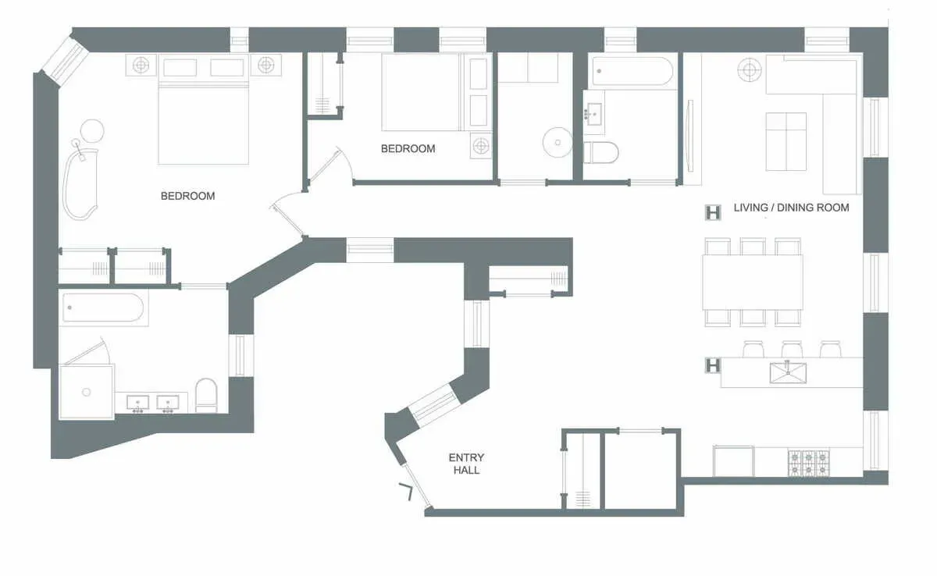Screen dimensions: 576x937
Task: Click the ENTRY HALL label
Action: pyautogui.click(x=465, y=464)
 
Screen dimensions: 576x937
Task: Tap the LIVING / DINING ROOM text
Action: pyautogui.click(x=791, y=208)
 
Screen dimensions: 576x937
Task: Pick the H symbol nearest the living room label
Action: pyautogui.click(x=712, y=212)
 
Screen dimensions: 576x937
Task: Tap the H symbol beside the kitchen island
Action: pyautogui.click(x=712, y=364)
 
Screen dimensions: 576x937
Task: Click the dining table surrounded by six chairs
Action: pyautogui.click(x=752, y=282)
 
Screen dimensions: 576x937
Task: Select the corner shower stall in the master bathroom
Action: pyautogui.click(x=86, y=390)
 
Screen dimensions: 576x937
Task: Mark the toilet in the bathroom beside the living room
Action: pyautogui.click(x=600, y=151)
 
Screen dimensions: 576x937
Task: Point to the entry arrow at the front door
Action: pyautogui.click(x=407, y=492)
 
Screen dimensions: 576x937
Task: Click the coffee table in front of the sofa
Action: pyautogui.click(x=786, y=140)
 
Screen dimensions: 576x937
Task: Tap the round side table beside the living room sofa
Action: pyautogui.click(x=750, y=70)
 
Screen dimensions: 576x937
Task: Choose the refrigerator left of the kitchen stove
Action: pyautogui.click(x=733, y=460)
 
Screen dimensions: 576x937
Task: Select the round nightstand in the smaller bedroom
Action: pyautogui.click(x=481, y=145)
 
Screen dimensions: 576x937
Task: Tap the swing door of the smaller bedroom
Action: pyautogui.click(x=328, y=165)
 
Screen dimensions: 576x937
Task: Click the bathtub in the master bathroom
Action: pyautogui.click(x=103, y=308)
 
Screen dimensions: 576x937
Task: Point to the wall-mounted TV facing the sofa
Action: pyautogui.click(x=688, y=135)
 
